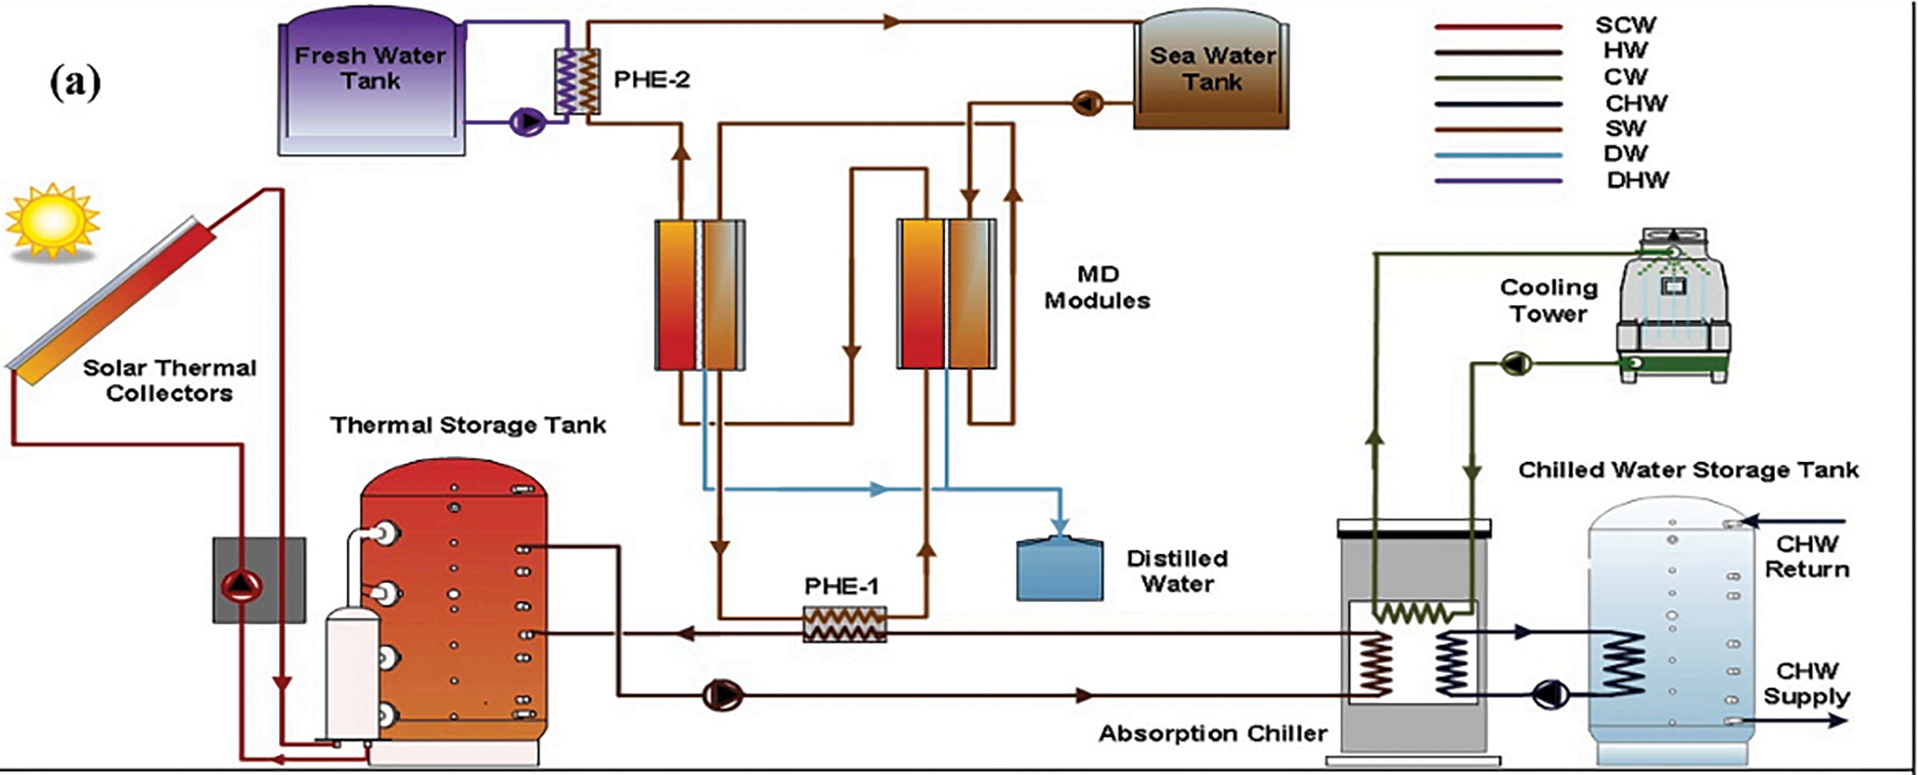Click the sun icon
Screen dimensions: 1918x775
click(52, 221)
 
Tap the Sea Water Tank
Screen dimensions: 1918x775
click(1211, 71)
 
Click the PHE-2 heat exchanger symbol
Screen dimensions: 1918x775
click(577, 81)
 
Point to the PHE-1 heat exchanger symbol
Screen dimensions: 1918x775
click(845, 624)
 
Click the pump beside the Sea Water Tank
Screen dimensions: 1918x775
click(1087, 103)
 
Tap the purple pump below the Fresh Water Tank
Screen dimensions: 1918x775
click(527, 120)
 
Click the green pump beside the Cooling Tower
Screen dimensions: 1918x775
click(1516, 363)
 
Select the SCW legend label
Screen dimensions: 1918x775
click(1625, 25)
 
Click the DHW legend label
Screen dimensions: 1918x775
click(1637, 180)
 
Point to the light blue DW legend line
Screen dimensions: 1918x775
click(1498, 155)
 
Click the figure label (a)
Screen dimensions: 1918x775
click(75, 83)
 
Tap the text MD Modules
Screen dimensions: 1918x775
click(1097, 287)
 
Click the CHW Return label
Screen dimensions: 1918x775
click(1807, 556)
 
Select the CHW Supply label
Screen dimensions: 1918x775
click(1807, 684)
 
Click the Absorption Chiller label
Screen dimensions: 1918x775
click(1213, 733)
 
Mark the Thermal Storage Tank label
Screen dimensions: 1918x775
click(468, 425)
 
